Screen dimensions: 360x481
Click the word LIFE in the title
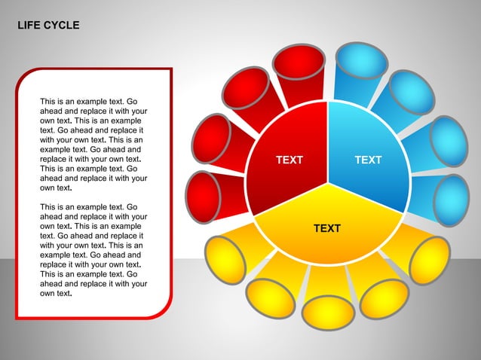[29, 26]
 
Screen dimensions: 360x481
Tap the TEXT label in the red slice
[290, 160]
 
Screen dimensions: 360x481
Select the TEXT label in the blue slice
[368, 160]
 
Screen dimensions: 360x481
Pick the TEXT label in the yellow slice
[327, 228]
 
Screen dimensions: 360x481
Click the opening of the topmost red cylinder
[299, 61]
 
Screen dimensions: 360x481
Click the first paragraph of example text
[93, 143]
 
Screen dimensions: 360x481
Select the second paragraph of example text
[93, 250]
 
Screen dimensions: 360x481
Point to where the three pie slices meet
[327, 182]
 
